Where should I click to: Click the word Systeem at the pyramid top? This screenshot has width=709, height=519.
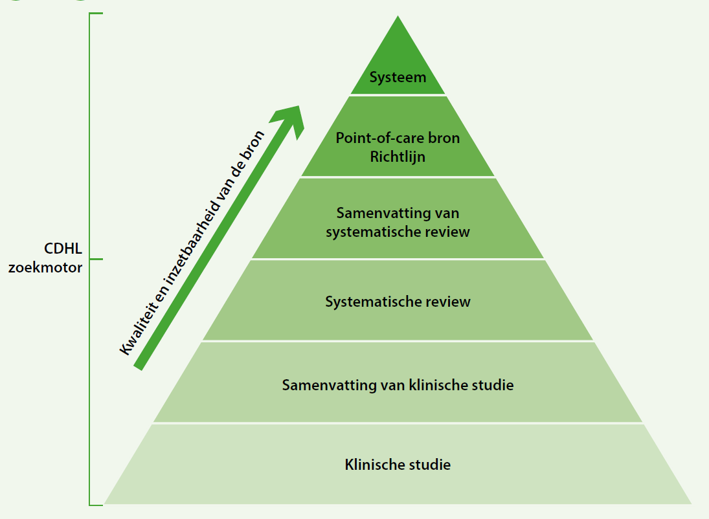[398, 77]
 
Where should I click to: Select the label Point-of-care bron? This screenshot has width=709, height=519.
[398, 138]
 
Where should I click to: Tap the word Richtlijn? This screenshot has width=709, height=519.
[398, 157]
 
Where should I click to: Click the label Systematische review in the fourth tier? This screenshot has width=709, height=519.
[398, 302]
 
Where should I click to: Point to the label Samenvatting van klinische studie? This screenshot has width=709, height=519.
[398, 385]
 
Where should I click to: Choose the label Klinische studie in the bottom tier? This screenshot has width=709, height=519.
[398, 465]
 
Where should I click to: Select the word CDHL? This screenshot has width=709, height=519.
[63, 248]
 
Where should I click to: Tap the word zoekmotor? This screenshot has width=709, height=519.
[45, 268]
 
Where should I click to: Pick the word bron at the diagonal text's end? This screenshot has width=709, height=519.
[253, 143]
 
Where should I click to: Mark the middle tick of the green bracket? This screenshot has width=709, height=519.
[96, 259]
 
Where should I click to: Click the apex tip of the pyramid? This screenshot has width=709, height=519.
[398, 16]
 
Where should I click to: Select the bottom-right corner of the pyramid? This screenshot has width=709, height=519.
[691, 503]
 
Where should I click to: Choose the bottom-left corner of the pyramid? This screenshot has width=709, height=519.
[105, 503]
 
